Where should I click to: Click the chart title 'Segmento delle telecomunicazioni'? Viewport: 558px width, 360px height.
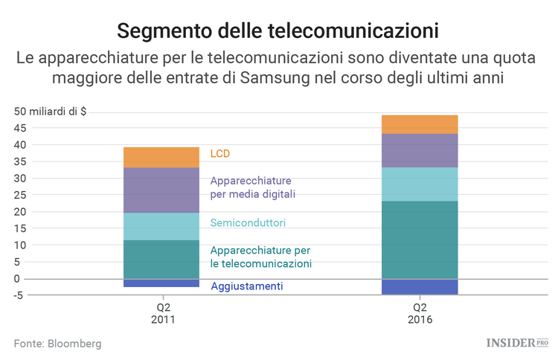tap(278, 31)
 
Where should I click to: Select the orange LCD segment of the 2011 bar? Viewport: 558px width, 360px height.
tap(161, 157)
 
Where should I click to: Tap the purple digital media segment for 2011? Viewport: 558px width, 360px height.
tap(161, 190)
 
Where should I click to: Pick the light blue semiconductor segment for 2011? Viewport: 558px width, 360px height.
tap(161, 226)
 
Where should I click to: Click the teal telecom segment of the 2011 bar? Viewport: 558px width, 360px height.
tap(161, 259)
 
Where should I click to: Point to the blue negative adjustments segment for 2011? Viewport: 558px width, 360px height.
tap(161, 283)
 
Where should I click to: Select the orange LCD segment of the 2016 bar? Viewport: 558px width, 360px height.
tap(420, 124)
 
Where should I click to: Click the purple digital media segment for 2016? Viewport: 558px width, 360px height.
tap(420, 150)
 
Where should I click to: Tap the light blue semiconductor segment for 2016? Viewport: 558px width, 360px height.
tap(420, 184)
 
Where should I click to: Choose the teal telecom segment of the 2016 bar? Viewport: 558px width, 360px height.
tap(420, 240)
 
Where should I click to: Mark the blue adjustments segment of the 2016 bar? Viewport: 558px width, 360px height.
tap(420, 286)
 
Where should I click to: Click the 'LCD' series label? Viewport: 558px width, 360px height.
tap(220, 154)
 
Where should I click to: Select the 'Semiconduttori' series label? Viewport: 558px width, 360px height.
tap(248, 222)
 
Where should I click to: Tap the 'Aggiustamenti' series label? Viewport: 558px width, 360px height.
tap(246, 286)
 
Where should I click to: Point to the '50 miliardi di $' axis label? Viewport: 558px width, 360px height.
tap(50, 112)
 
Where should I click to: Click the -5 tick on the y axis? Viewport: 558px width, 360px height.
tap(19, 295)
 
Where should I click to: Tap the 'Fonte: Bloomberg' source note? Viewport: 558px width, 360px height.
tap(57, 344)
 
